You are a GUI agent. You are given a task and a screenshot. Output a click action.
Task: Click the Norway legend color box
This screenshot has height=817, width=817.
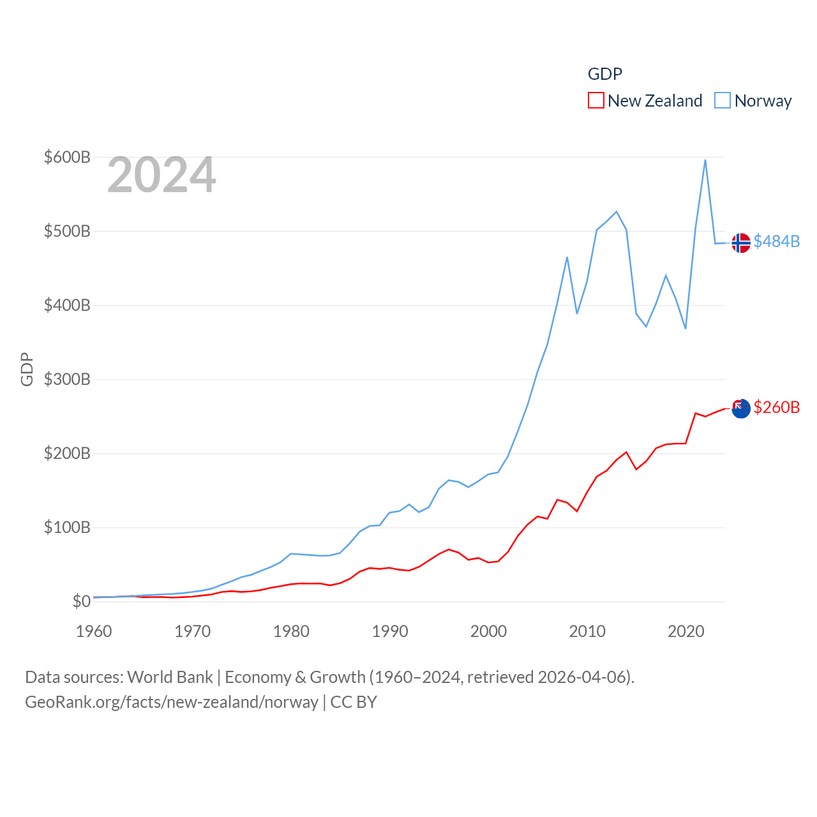(723, 100)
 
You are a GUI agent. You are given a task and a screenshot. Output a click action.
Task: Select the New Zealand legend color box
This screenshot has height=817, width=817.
(596, 100)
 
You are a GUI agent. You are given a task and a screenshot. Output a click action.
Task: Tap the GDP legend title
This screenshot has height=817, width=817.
(604, 74)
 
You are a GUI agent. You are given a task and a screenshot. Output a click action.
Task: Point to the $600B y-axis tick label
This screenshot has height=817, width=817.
(67, 157)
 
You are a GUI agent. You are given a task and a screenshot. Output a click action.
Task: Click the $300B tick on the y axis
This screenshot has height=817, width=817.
(67, 379)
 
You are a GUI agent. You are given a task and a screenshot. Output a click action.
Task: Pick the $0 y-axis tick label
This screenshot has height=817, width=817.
(81, 601)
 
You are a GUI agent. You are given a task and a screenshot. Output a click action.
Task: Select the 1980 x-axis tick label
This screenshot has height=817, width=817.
(291, 631)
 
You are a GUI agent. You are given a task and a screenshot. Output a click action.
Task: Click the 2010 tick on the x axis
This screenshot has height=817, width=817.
(587, 631)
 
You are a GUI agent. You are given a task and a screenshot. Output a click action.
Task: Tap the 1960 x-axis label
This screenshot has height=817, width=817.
(94, 631)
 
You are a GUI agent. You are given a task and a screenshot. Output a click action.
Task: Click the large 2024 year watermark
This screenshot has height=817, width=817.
(161, 175)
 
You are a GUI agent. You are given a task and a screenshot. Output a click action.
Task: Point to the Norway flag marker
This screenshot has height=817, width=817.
(740, 243)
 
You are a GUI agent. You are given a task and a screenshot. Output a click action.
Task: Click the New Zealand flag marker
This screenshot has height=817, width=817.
(740, 408)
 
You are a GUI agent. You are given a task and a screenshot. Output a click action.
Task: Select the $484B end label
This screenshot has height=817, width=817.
(776, 241)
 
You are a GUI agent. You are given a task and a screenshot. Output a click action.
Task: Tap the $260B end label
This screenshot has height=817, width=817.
(776, 407)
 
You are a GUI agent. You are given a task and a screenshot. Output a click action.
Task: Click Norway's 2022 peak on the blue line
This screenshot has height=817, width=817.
(705, 160)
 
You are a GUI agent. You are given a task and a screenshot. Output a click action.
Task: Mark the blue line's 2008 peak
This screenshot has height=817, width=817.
(567, 257)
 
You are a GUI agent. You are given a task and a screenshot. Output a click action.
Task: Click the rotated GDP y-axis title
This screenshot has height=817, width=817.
(27, 369)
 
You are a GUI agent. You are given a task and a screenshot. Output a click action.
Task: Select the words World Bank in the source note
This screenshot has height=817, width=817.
(170, 677)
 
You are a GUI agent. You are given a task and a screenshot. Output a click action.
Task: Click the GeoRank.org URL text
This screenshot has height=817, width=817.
(172, 702)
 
